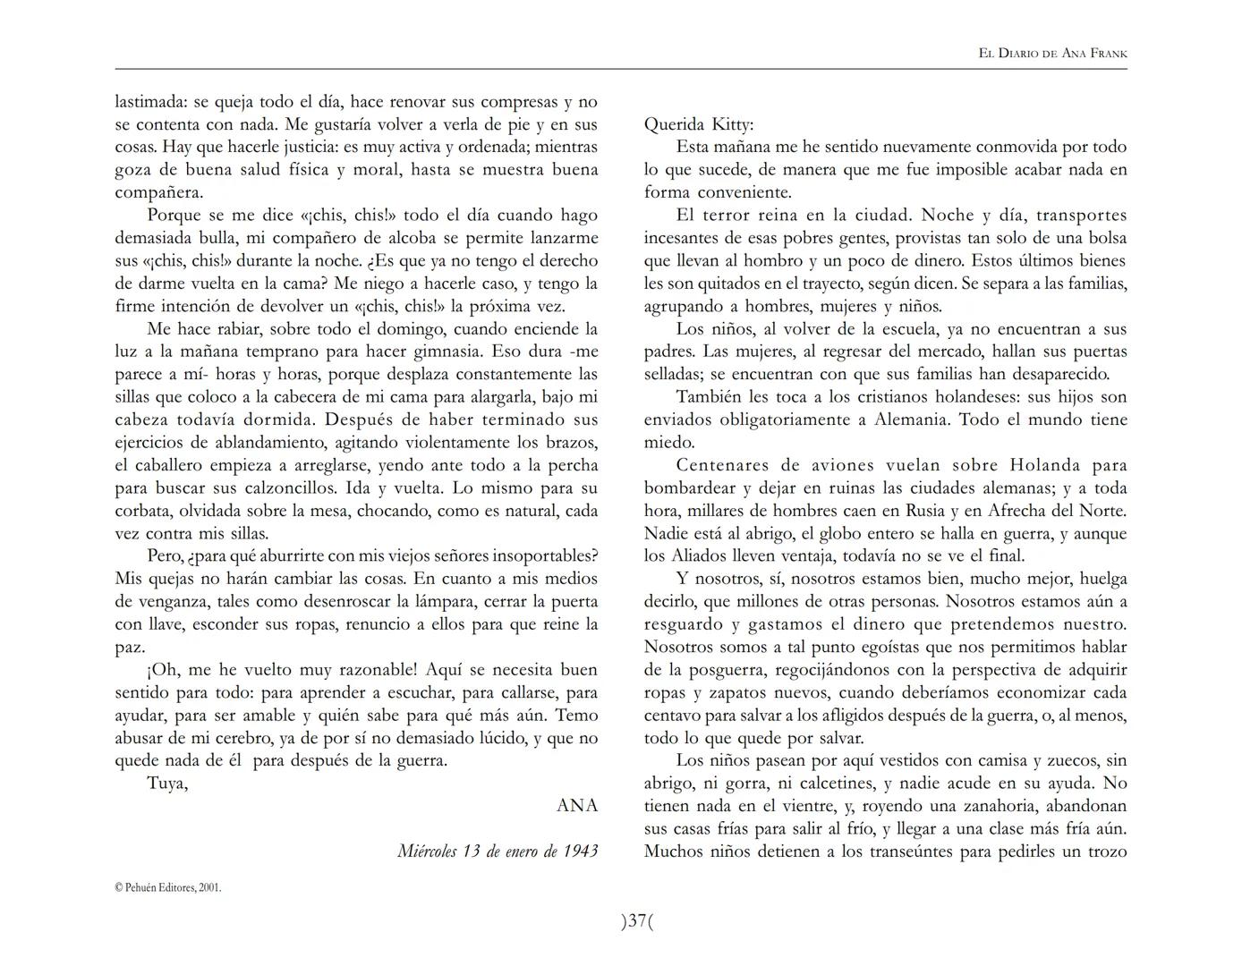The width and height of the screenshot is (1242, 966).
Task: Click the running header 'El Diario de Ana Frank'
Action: [1052, 54]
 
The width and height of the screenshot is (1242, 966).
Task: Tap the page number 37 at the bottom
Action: [636, 920]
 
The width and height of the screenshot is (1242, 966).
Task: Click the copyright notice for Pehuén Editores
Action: [168, 887]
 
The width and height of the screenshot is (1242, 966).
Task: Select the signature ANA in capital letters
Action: [577, 805]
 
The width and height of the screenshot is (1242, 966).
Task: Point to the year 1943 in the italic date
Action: [580, 851]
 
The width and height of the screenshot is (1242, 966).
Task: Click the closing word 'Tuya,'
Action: [167, 784]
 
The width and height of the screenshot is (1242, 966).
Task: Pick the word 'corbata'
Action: [144, 511]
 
